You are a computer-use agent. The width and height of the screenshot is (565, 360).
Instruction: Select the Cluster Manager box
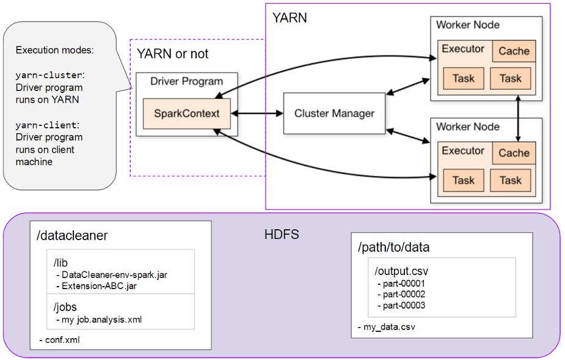[334, 114]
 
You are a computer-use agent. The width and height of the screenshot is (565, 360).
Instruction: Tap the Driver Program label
[186, 81]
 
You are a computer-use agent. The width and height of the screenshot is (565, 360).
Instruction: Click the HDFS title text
[282, 234]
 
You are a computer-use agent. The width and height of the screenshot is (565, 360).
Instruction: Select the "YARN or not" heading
[172, 54]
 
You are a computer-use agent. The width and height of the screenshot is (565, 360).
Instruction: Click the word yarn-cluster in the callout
[48, 75]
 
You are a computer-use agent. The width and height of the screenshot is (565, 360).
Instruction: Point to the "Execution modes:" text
[54, 50]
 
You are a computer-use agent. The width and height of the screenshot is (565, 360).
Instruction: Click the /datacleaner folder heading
[71, 235]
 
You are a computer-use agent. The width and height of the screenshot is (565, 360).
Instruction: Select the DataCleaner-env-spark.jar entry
[114, 274]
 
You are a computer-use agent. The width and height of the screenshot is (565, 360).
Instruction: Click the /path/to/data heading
[393, 247]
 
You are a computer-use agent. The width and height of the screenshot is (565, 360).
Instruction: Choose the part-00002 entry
[404, 294]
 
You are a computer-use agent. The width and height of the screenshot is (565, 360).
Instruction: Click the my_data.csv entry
[390, 327]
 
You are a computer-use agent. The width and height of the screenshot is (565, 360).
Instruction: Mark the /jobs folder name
[65, 307]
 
